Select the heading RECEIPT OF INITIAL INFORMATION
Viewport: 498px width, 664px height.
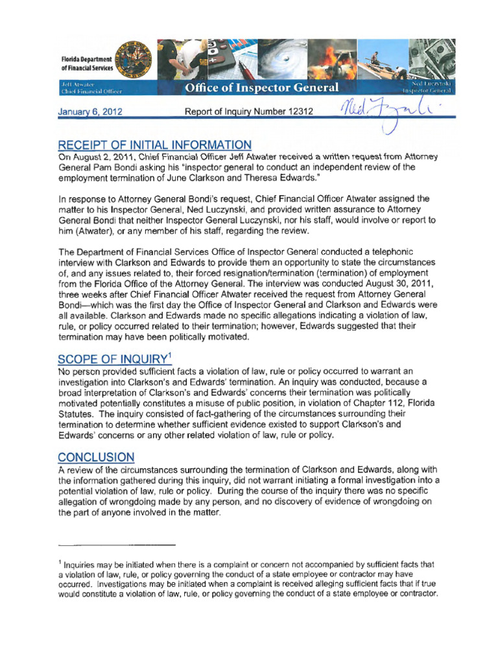(x=155, y=145)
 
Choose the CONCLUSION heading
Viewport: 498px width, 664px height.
(x=96, y=456)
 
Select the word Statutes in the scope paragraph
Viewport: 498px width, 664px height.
(x=75, y=414)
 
